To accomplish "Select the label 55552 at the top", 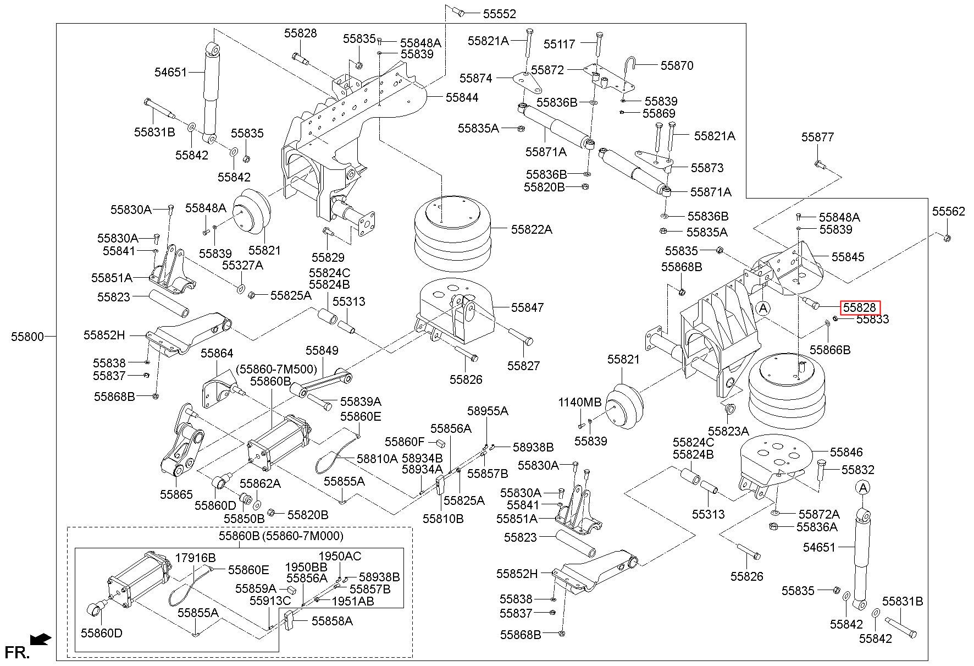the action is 500,14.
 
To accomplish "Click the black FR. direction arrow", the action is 41,639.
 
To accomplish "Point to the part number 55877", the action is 817,137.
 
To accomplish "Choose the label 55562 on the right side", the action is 948,211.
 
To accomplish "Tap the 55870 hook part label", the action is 677,65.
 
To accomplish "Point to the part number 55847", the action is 528,307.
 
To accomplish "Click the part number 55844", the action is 462,97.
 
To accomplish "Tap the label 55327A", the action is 243,265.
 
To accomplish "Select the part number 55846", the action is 846,452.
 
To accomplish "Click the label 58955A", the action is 488,411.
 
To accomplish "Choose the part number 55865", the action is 176,494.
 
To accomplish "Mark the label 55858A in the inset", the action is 332,621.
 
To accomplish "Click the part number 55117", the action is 560,43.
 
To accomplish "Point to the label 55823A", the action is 728,431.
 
